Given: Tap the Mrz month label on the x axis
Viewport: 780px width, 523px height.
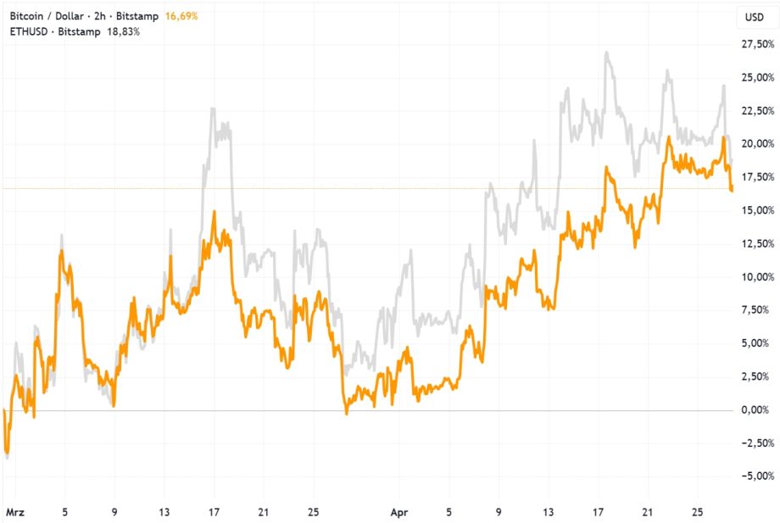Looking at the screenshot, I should [15, 513].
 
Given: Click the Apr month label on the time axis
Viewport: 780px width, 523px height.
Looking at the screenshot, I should [400, 513].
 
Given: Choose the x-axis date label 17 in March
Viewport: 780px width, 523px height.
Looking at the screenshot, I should [214, 513].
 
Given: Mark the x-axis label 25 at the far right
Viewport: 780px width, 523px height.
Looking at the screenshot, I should [697, 513].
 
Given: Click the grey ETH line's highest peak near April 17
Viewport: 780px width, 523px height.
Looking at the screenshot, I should [607, 53].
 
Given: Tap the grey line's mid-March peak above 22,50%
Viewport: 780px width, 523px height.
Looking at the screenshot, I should [213, 108].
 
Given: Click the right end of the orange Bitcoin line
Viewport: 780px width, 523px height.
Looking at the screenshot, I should [732, 189].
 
